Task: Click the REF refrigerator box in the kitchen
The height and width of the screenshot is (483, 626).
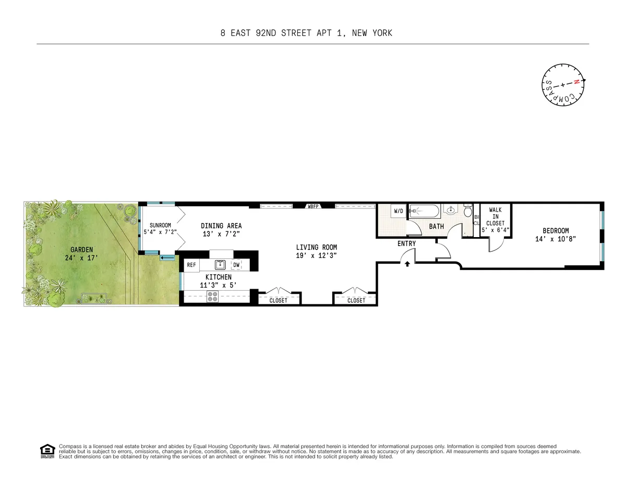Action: click(191, 265)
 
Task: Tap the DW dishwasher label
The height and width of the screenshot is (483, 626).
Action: click(236, 265)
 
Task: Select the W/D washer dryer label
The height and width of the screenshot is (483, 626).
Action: click(399, 211)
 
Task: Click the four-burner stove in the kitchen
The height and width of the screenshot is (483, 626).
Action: click(212, 296)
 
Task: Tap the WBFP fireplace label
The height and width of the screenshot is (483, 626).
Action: click(314, 206)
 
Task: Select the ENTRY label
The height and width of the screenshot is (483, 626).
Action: click(406, 243)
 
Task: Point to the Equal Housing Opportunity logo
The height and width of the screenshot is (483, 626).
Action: click(47, 451)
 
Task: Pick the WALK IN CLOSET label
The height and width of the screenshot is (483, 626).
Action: click(495, 216)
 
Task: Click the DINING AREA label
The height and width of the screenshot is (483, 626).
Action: click(221, 226)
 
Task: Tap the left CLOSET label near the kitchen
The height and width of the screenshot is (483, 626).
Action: click(279, 300)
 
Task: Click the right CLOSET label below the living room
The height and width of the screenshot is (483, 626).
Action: click(356, 300)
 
